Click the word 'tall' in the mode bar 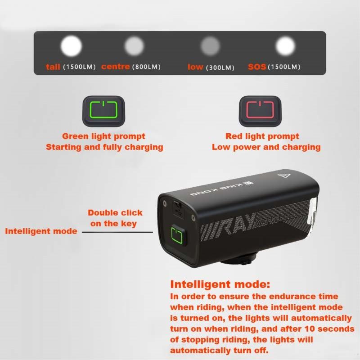(53, 67)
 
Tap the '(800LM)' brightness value (147, 67)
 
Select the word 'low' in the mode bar (195, 67)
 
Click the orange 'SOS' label (257, 67)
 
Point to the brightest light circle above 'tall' (71, 46)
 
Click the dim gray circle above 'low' (210, 46)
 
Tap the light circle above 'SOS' (285, 46)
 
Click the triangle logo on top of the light (284, 176)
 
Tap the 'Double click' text (115, 212)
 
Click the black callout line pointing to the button (117, 232)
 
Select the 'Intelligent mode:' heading (220, 284)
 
